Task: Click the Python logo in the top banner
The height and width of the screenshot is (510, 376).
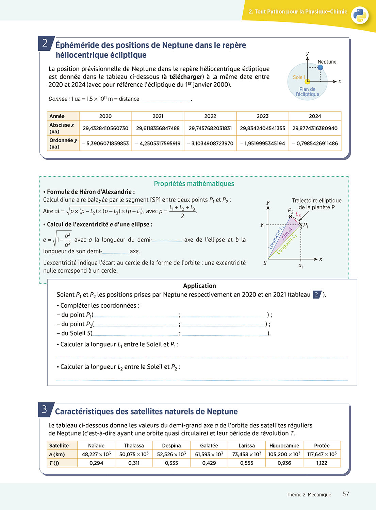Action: (x=360, y=15)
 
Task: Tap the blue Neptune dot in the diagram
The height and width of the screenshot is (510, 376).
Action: (x=320, y=67)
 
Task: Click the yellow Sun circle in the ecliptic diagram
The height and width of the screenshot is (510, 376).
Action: (x=307, y=82)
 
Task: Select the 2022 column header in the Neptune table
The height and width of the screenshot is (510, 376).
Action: (x=210, y=116)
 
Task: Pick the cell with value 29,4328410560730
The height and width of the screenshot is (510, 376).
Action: (x=105, y=128)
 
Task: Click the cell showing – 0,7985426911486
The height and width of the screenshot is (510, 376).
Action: (x=315, y=143)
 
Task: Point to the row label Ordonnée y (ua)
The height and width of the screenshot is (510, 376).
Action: (x=63, y=143)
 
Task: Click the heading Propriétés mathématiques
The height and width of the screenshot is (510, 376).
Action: (x=194, y=184)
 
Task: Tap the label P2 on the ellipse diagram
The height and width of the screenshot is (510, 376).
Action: (x=290, y=210)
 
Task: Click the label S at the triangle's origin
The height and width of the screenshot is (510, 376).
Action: (x=265, y=263)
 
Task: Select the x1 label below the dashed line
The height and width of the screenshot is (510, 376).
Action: (x=301, y=266)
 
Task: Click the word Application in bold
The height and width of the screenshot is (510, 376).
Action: (x=199, y=286)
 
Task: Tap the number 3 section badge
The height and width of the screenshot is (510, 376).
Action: (x=45, y=409)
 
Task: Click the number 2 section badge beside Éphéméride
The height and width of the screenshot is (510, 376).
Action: (x=45, y=43)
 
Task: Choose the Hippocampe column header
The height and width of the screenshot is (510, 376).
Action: (x=284, y=446)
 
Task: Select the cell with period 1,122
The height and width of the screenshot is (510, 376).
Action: (x=322, y=463)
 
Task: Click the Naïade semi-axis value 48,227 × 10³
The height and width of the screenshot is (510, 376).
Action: (x=96, y=454)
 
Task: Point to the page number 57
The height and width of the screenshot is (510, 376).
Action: (x=346, y=494)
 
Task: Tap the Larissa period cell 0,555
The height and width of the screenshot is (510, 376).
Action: (x=247, y=463)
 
